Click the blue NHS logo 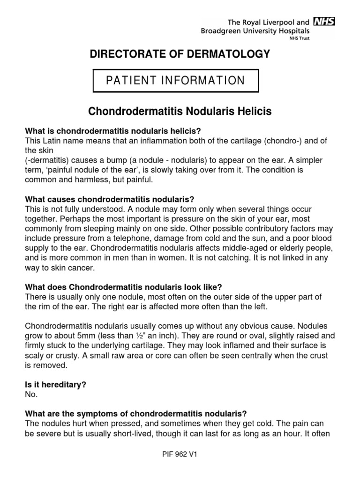click(323, 22)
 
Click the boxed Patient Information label click(175, 81)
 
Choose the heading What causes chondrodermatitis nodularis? click(113, 199)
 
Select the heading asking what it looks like click(123, 287)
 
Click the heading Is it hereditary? click(55, 385)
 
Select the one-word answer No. click(30, 394)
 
